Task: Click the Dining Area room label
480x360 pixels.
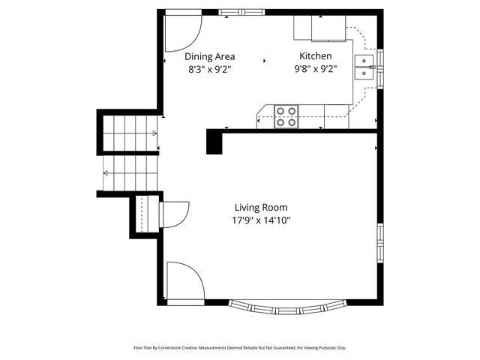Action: (x=210, y=56)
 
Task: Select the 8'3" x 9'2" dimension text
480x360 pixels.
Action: (x=210, y=70)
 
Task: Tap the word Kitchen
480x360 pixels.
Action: (x=315, y=56)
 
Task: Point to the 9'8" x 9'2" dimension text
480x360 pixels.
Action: (x=315, y=70)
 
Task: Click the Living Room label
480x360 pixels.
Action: (x=260, y=208)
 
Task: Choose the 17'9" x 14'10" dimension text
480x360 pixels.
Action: (x=260, y=220)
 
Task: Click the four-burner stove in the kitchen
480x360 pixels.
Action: (x=286, y=115)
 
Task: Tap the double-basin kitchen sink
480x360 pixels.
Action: (x=365, y=67)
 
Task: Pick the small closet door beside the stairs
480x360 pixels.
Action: (x=172, y=214)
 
